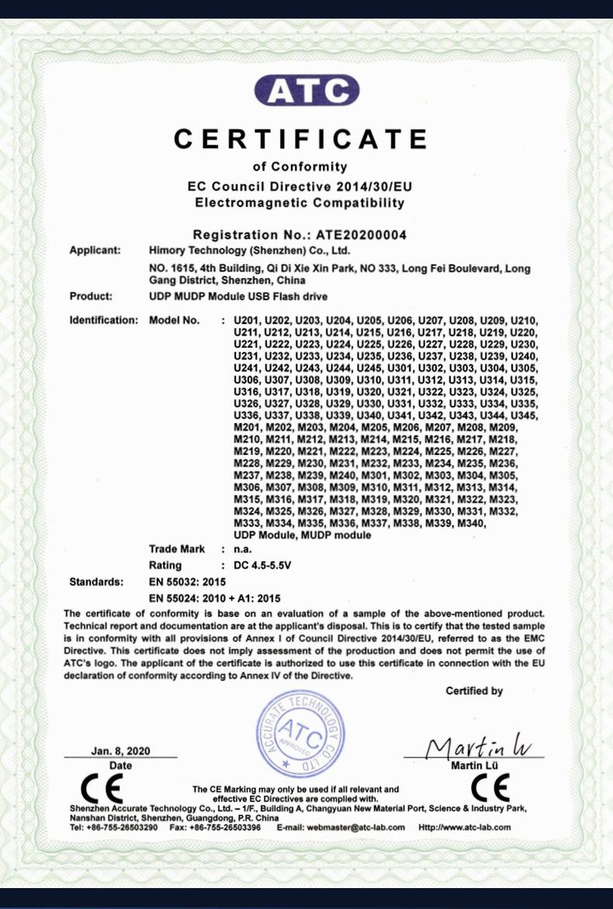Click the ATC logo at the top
[306, 90]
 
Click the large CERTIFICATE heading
[300, 139]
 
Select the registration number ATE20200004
[361, 234]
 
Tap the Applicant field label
[95, 250]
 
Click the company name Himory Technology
[249, 250]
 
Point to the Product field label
[92, 296]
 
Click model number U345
[523, 417]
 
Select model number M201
[247, 428]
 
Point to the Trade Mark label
[177, 549]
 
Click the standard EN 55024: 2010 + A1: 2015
[214, 597]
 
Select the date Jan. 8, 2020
[120, 751]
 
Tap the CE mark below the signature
[490, 788]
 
